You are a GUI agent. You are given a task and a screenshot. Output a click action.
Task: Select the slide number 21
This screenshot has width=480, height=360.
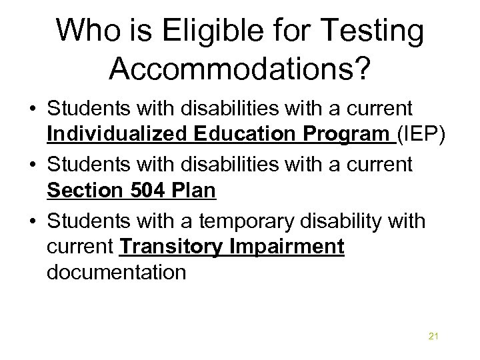433,336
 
